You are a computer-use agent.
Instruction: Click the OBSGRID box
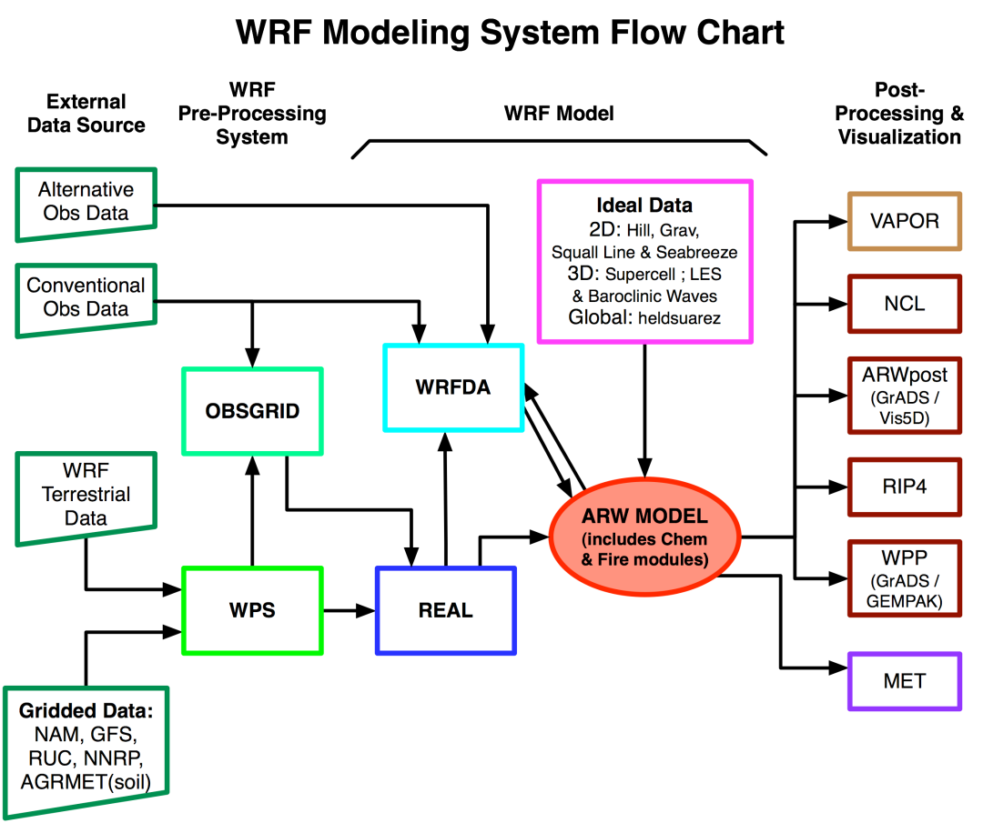tap(252, 411)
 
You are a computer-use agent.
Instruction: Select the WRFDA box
tap(453, 387)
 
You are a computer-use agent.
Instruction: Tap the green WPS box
tap(252, 610)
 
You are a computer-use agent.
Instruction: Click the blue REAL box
tap(445, 610)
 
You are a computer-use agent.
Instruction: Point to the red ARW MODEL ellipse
tap(644, 537)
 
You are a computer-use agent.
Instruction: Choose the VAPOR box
tap(904, 221)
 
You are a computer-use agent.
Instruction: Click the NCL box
tap(904, 304)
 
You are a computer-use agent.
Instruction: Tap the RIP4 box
tap(904, 487)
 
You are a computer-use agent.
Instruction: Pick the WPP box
tap(904, 577)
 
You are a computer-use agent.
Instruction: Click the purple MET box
tap(904, 681)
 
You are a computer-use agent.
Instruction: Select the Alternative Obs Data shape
tap(86, 202)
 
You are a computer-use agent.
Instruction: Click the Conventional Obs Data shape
tap(86, 297)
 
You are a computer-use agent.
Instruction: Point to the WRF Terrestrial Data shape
tap(86, 495)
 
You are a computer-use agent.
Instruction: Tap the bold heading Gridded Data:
tap(86, 711)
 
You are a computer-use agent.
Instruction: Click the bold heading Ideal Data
tap(644, 205)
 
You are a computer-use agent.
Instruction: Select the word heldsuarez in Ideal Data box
tap(679, 318)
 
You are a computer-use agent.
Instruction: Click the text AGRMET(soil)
tap(86, 782)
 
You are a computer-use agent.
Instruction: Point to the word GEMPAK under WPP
tap(904, 601)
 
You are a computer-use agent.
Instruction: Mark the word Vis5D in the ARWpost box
tap(904, 418)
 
